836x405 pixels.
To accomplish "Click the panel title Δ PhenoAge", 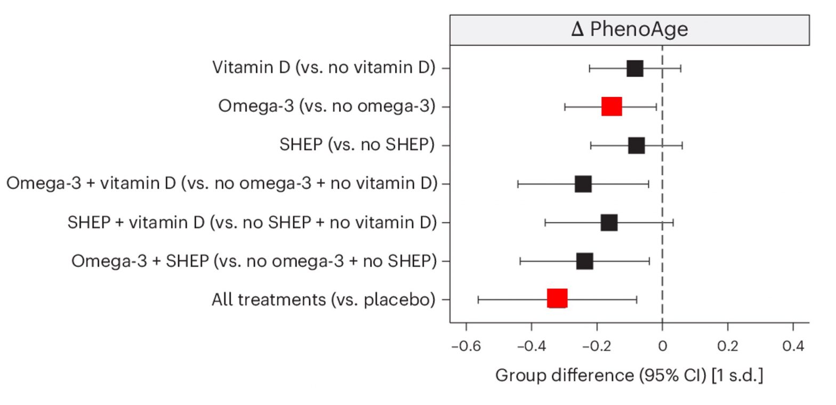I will tap(629, 29).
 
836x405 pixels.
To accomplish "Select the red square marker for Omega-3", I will tap(612, 107).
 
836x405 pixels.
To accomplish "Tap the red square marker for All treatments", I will tap(557, 299).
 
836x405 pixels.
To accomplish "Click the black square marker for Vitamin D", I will tap(634, 68).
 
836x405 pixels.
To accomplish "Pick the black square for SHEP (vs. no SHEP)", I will tap(636, 145).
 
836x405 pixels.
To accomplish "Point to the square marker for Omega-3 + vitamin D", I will tap(583, 184).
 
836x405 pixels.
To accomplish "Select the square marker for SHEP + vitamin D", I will tap(609, 222).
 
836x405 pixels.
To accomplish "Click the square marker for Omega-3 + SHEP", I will tap(585, 261).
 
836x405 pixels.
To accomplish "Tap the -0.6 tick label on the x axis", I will tap(466, 346).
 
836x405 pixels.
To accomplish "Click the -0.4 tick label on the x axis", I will tap(531, 346).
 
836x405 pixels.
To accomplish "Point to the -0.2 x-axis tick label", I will tap(597, 346).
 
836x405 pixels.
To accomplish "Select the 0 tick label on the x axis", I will tap(662, 346).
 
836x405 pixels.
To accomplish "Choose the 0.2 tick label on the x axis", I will tap(728, 346).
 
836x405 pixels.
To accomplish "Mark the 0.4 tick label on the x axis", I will tap(793, 346).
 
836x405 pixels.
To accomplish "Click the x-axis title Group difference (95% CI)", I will tap(629, 375).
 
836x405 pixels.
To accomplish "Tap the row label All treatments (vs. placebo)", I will tap(324, 299).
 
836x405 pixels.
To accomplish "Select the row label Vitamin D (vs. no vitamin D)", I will tap(324, 68).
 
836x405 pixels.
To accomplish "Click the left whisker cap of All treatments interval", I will tap(478, 299).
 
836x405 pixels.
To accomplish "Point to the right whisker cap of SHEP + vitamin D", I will tap(673, 222).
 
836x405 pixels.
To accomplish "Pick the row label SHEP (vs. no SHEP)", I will tap(357, 145).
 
